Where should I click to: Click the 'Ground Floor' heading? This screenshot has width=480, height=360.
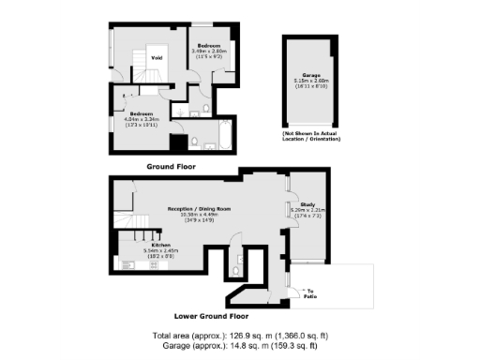172,166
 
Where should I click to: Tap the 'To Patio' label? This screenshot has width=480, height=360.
312,292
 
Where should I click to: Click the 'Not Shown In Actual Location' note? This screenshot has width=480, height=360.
312,136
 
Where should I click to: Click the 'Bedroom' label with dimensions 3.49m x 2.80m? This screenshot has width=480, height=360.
207,45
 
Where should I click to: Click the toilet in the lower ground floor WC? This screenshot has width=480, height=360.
242,262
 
